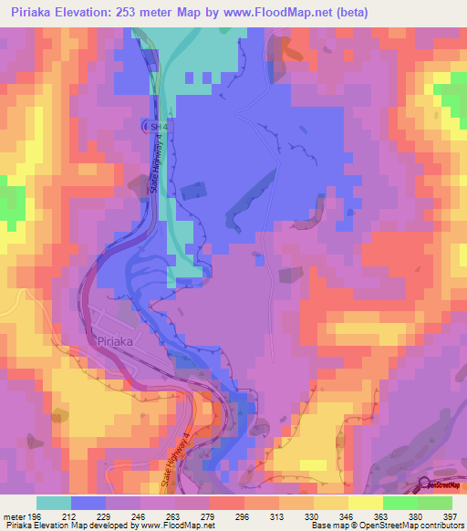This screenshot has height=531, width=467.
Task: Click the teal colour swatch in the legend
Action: [54, 502]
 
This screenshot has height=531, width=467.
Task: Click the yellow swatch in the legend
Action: [365, 502]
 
